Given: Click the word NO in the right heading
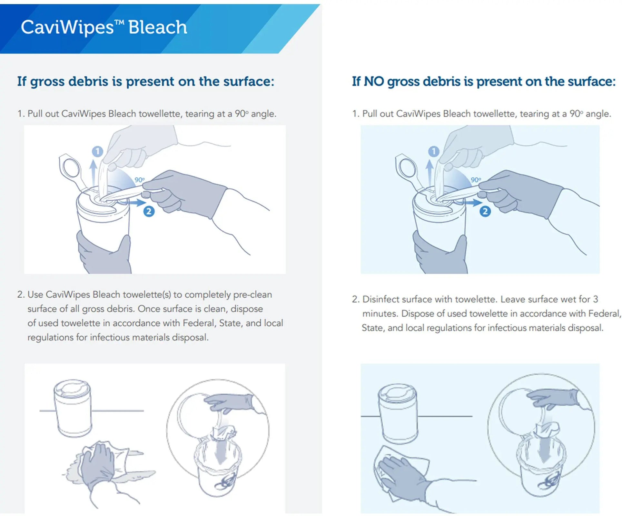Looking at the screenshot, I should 374,81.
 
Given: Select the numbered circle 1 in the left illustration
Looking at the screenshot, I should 97,151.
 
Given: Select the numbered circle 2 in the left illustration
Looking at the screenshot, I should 149,212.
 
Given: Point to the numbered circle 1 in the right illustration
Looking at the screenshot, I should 434,151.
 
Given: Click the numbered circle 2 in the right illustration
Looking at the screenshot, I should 485,212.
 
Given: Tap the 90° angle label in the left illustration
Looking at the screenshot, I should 139,180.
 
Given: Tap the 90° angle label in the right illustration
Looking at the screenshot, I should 476,180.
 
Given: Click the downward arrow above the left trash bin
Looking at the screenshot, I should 220,452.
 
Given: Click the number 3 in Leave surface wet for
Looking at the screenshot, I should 595,299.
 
